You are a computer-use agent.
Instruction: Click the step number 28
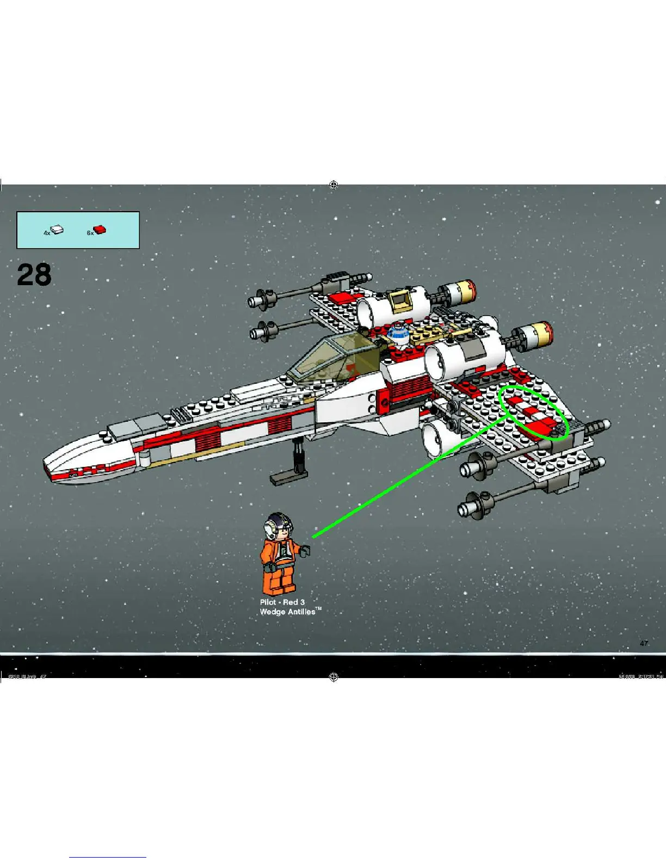coord(34,275)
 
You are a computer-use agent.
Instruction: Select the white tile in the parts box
coord(57,230)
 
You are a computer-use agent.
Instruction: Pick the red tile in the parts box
coord(100,230)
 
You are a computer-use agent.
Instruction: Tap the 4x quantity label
coord(47,233)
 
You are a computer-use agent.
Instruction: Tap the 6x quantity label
coord(90,233)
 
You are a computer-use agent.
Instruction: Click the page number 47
coord(644,643)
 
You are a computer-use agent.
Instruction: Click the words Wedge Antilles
coord(288,612)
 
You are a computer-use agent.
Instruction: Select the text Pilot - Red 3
coord(282,602)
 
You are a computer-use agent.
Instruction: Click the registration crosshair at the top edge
coord(334,185)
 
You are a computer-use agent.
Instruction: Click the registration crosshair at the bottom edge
coord(334,677)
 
